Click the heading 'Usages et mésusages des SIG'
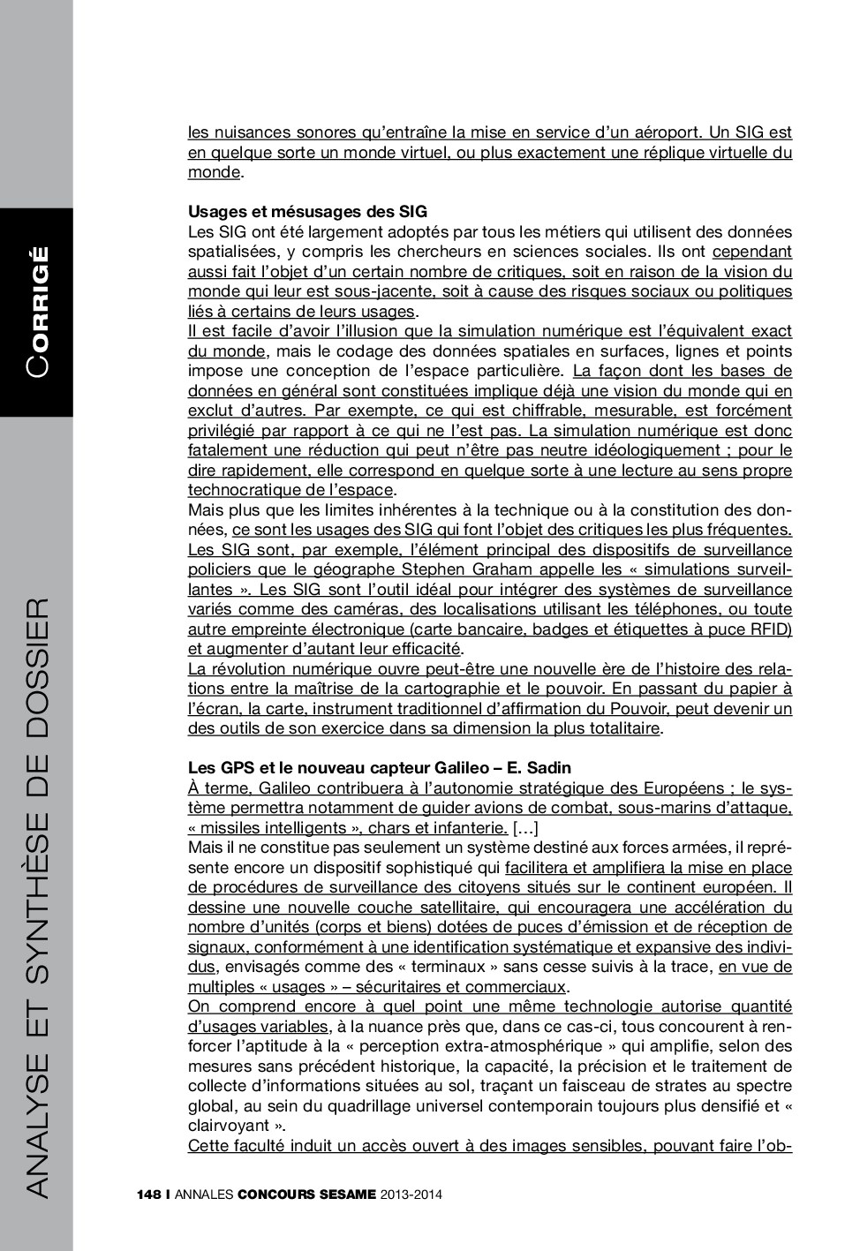[x=307, y=212]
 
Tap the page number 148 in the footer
[x=148, y=1194]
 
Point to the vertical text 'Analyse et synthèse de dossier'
[x=37, y=896]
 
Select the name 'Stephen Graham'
[x=456, y=569]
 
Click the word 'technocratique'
[x=241, y=490]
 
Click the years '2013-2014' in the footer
[x=411, y=1194]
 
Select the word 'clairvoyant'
[x=229, y=1126]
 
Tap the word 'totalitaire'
[x=620, y=728]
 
